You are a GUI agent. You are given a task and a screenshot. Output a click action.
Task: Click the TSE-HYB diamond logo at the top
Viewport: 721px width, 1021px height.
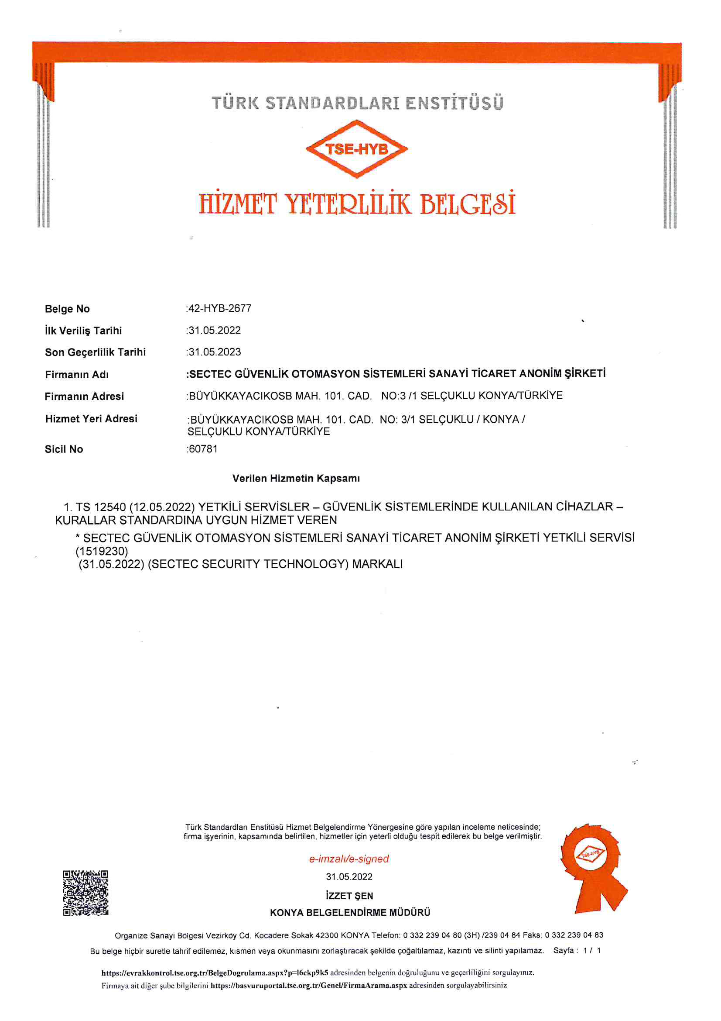coord(357,149)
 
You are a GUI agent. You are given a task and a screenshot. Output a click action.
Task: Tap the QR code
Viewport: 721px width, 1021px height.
coord(85,893)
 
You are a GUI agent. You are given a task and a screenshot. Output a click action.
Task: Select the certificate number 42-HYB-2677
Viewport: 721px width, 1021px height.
coord(220,308)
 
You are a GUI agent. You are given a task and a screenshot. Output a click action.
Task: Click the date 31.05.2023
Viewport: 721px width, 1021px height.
coord(215,352)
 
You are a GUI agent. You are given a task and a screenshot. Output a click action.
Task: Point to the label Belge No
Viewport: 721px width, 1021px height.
coord(67,309)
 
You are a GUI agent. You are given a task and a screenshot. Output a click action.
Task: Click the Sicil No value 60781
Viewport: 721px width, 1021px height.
coord(203,448)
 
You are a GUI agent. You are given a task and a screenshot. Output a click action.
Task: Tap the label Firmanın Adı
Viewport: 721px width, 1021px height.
coord(77,374)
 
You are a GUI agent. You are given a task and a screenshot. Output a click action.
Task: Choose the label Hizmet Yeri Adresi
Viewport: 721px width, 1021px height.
coord(91,418)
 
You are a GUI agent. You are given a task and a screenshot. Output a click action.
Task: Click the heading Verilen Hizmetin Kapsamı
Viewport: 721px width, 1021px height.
coord(296,479)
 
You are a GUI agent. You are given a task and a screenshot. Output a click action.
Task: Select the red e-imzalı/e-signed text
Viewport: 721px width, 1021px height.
coord(349,859)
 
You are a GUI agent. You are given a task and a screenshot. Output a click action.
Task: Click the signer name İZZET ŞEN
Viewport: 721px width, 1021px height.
coord(349,896)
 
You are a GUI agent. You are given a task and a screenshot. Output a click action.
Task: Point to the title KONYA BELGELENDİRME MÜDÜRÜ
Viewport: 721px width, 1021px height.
coord(350,913)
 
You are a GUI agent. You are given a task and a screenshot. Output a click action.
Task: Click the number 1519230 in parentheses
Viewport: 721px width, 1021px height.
coord(102,551)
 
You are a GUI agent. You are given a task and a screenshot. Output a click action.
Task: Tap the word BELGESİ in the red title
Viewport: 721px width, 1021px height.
coord(467,204)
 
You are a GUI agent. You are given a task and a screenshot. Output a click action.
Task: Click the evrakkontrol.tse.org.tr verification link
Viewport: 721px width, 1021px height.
coord(215,973)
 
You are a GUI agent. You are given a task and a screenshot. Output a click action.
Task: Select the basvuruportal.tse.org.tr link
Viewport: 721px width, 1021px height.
coord(309,985)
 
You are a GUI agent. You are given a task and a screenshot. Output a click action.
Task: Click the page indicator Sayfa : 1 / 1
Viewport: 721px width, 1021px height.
coord(577,950)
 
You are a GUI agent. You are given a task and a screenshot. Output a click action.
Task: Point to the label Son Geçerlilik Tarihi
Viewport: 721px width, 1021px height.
coord(95,352)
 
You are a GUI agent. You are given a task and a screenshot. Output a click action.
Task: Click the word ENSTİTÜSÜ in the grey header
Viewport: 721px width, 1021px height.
coord(454,103)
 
